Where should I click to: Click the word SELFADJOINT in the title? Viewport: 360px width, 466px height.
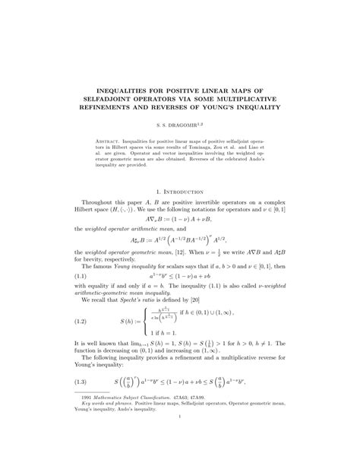pyautogui.click(x=134, y=98)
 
